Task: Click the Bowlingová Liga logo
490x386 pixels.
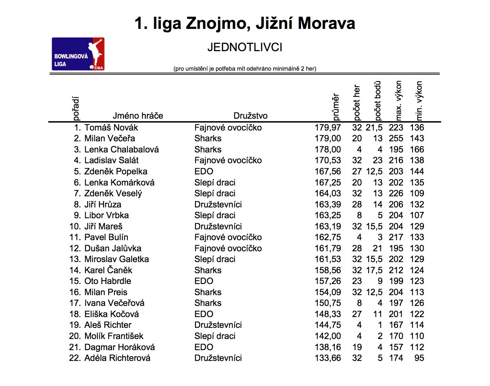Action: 78,54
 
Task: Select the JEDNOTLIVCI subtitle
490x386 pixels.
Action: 245,47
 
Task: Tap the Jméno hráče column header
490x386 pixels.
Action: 138,116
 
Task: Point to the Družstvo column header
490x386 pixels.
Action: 251,116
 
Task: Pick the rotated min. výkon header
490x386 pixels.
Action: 419,101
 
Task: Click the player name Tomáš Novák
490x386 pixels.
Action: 111,128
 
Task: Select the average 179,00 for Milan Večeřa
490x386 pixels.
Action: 327,139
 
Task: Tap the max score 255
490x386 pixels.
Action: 396,139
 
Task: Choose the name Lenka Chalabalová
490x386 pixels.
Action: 121,150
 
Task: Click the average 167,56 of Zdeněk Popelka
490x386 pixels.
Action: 327,172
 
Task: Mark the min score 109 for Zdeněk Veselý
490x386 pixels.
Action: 417,194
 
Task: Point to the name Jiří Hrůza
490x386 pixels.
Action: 103,205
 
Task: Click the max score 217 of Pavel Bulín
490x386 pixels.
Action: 396,237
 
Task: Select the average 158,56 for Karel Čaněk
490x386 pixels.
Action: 327,270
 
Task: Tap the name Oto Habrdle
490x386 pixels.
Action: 108,281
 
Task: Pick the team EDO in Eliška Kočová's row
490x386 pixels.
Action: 204,314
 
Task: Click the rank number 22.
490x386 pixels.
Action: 75,358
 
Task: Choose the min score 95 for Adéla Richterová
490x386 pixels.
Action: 419,358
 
